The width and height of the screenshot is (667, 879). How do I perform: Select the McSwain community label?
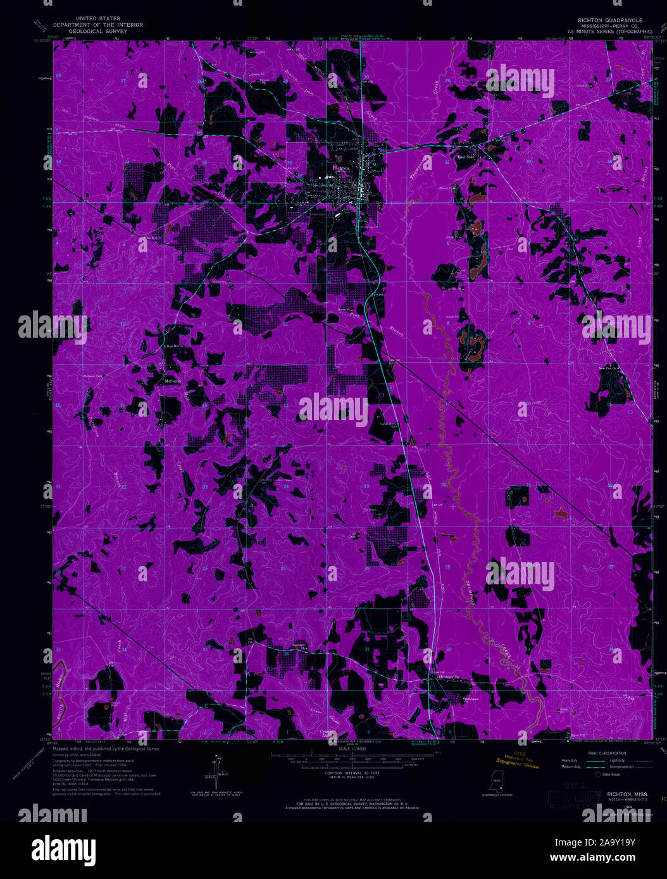tap(173, 381)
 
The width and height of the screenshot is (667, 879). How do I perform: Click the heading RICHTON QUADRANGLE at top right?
tap(609, 20)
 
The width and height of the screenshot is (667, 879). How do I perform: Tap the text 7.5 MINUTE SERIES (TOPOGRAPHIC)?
tap(610, 30)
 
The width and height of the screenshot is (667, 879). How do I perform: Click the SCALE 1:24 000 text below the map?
tap(333, 749)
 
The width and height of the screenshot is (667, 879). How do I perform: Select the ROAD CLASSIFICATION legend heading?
tap(606, 753)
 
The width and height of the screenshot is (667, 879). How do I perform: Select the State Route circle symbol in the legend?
tap(597, 774)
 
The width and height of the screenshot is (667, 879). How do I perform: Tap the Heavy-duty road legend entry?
tap(570, 761)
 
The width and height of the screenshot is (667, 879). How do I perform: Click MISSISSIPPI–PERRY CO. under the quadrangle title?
tap(610, 25)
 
